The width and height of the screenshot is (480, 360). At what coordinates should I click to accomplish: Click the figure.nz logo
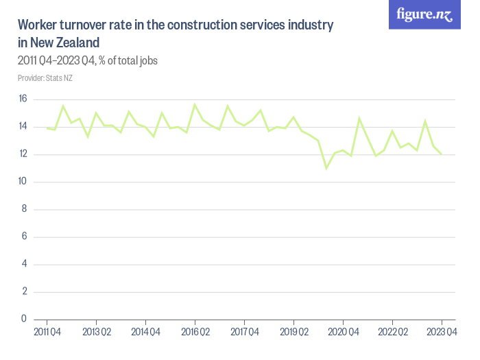pos(424,14)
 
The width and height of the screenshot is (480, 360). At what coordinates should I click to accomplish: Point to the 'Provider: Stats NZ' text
pos(45,77)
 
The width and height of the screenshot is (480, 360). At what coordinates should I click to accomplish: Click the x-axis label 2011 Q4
pos(47,333)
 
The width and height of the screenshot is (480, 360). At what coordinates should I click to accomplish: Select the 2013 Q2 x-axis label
pos(96,333)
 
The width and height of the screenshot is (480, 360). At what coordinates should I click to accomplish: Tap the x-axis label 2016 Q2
pos(195,333)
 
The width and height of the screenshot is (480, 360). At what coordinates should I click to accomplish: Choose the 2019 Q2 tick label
pos(293,333)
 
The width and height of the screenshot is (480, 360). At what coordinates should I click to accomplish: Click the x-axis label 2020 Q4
pos(343,333)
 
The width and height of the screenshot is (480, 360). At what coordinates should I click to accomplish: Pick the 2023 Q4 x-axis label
pos(442,333)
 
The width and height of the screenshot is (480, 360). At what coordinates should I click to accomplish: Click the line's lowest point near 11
pos(326,168)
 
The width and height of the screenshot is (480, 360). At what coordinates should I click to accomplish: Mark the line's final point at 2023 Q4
pos(442,154)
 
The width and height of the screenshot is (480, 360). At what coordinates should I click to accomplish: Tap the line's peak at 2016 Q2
pos(195,105)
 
